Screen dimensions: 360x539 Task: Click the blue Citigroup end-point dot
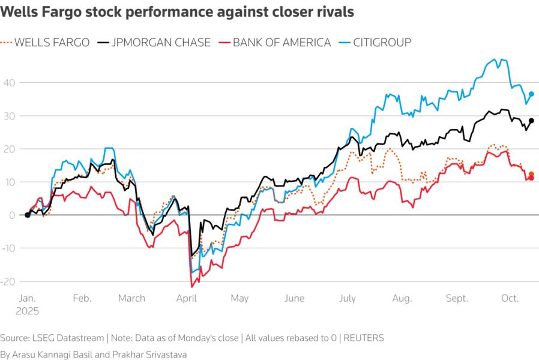[x=531, y=94]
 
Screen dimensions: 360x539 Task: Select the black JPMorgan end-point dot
[x=531, y=121]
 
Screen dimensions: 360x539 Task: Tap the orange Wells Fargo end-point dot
[x=531, y=174]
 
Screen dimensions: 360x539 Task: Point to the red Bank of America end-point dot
[x=531, y=178]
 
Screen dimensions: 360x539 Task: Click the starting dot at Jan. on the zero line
[x=27, y=215]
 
